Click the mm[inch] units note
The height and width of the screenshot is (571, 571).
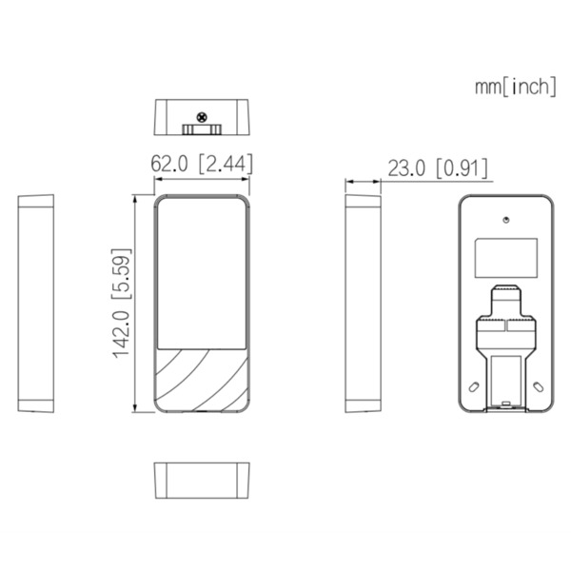[x=516, y=87]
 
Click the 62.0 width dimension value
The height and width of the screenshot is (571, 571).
[x=172, y=163]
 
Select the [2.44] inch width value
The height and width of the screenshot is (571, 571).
[x=225, y=163]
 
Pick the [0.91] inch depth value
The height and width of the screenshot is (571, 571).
[x=462, y=168]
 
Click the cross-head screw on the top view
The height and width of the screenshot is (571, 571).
[x=201, y=118]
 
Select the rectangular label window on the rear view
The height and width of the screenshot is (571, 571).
[x=506, y=254]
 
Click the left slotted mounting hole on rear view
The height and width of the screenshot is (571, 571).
[x=472, y=386]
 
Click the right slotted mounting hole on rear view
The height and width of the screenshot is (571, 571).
[x=541, y=386]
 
